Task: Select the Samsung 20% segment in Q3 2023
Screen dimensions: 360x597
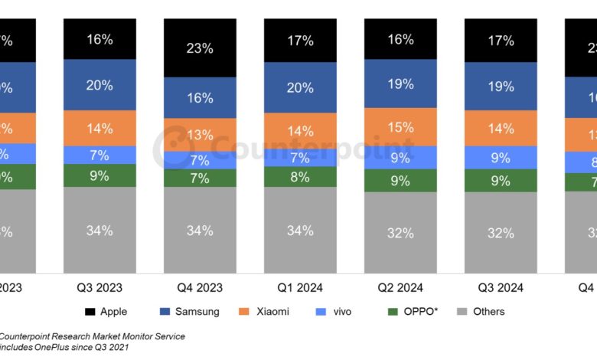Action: coord(99,85)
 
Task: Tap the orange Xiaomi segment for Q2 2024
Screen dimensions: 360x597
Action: coord(400,126)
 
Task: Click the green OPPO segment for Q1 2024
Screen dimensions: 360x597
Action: coord(299,177)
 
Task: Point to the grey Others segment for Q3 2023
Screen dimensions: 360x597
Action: coord(99,230)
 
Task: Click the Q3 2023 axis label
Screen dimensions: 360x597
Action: coord(99,287)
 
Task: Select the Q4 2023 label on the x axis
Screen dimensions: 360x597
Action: coord(199,287)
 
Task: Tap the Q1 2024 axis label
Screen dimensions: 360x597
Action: coord(299,287)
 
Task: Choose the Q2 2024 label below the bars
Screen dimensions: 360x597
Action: coord(400,287)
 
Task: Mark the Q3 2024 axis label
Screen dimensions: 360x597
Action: coord(500,287)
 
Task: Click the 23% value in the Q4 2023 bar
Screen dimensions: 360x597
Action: coord(199,47)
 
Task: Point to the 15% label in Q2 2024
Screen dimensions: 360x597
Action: coord(400,127)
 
